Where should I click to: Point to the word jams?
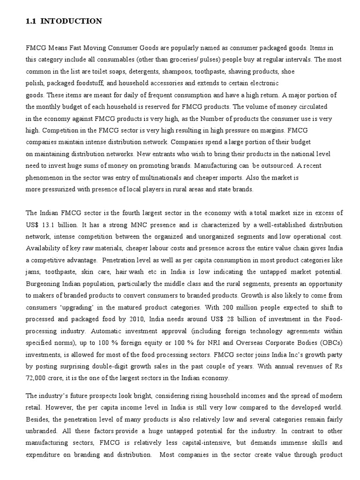click(33, 272)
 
